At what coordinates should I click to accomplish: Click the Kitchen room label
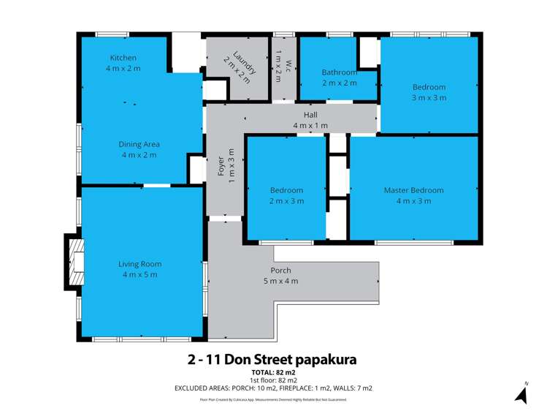(x=123, y=58)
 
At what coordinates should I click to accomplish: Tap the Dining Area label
(x=139, y=144)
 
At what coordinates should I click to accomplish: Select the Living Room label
(x=139, y=264)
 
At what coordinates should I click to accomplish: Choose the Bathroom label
(x=339, y=72)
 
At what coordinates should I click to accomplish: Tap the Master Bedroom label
(x=413, y=190)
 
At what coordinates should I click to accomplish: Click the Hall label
(x=310, y=116)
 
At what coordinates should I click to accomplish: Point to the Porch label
(x=280, y=271)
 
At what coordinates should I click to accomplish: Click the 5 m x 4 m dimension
(x=280, y=281)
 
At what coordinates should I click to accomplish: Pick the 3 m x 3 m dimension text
(x=429, y=97)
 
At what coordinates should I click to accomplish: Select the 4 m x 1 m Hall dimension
(x=310, y=126)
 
